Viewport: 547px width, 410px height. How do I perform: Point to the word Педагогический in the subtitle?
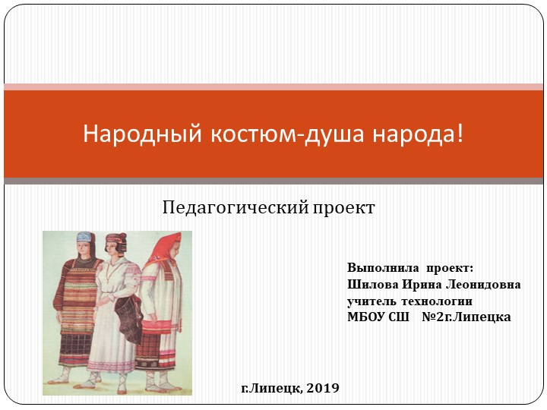pos(231,207)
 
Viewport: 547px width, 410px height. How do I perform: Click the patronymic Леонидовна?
pos(485,285)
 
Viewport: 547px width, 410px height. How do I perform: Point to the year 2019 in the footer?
pos(324,388)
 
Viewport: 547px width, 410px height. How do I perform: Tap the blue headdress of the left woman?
pos(85,239)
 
